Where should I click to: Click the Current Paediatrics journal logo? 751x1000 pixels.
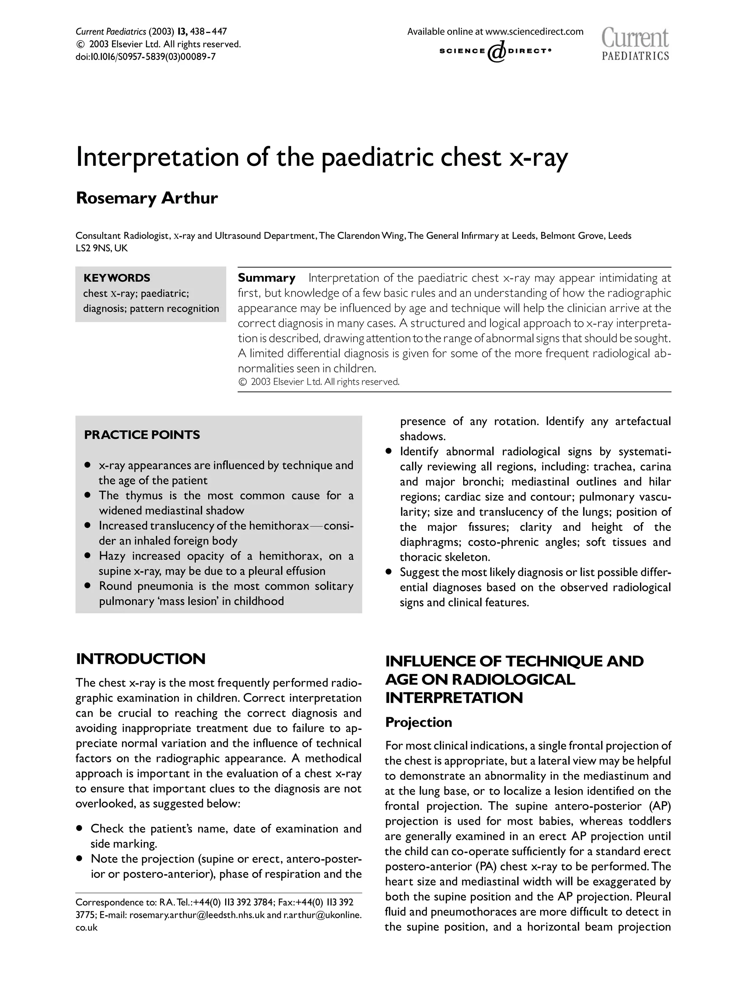click(635, 44)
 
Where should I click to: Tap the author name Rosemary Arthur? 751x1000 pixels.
click(146, 198)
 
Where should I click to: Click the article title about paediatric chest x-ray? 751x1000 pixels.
click(321, 157)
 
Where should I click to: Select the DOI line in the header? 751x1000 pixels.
click(146, 57)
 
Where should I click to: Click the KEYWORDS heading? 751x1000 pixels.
click(117, 278)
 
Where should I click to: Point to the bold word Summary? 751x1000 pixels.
click(266, 278)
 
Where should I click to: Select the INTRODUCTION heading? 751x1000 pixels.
click(140, 659)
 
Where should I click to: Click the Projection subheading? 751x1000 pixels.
click(418, 722)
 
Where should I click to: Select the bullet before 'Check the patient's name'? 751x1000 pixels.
click(80, 829)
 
